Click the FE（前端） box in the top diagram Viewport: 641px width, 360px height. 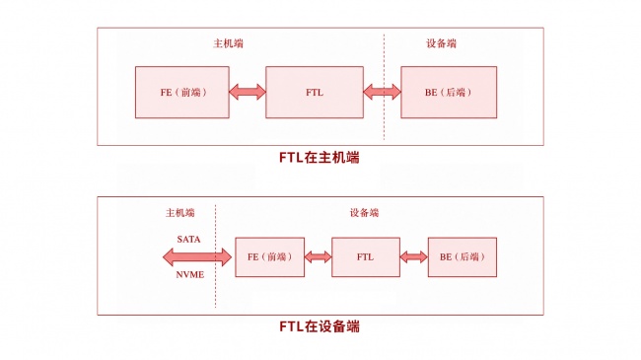[x=181, y=93]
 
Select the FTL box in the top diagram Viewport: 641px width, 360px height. [x=315, y=93]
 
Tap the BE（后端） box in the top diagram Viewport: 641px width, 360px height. [x=449, y=93]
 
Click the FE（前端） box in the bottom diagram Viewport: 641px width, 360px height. [x=270, y=256]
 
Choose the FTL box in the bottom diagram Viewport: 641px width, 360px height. [x=366, y=256]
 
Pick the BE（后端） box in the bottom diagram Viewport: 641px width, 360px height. [x=463, y=256]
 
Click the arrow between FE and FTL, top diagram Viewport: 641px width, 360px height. [x=248, y=92]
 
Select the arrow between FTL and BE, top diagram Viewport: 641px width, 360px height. [x=383, y=92]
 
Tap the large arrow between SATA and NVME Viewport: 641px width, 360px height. [x=197, y=257]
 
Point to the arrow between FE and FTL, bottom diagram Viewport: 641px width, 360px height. [x=319, y=256]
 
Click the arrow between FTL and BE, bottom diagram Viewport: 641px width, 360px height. [x=414, y=256]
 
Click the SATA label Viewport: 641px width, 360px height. [x=188, y=240]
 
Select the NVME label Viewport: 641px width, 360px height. [x=189, y=275]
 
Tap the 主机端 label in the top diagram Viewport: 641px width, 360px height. [x=228, y=43]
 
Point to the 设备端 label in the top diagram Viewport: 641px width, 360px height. [x=441, y=43]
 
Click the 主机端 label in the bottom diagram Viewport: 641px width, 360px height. [x=179, y=213]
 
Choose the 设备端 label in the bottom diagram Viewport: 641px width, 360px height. [x=364, y=213]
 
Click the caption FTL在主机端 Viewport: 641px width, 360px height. [x=320, y=158]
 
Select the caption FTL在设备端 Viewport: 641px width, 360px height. [x=320, y=326]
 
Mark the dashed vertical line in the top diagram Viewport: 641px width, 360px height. [x=384, y=87]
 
